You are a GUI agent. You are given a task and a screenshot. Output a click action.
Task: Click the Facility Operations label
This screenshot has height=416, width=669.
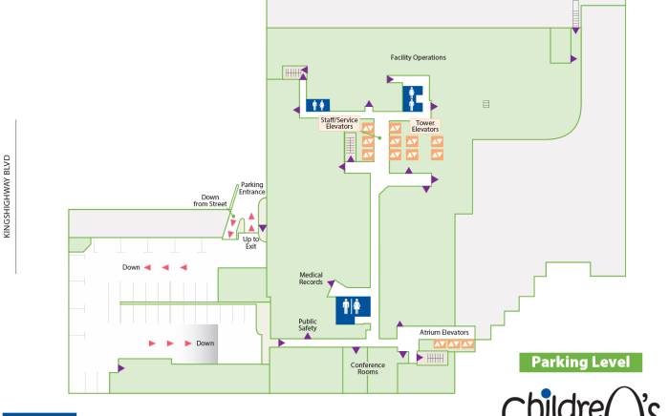coord(418,57)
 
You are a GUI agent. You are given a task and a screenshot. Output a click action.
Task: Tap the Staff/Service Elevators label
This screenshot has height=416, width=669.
coord(338,122)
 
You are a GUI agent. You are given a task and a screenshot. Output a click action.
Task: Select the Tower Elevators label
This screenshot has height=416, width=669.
coord(424,125)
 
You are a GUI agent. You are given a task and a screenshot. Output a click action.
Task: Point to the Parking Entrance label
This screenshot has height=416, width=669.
coord(251,188)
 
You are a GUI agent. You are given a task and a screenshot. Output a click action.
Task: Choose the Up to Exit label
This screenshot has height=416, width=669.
coord(250,242)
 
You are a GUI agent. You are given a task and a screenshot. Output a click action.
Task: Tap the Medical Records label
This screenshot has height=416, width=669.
coord(311,279)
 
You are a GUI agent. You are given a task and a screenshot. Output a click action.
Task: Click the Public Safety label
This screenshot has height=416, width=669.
coord(307,324)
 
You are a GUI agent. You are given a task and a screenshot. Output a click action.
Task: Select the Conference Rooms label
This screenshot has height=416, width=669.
coord(368,367)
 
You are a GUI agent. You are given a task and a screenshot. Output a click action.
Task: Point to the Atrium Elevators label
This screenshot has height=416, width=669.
coord(445,332)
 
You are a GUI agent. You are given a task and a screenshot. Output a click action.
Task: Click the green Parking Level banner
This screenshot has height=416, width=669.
coord(580,363)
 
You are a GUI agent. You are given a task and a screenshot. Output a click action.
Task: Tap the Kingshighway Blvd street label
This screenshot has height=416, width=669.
coord(8,197)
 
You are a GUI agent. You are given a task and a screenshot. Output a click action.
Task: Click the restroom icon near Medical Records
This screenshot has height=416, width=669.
coord(354,307)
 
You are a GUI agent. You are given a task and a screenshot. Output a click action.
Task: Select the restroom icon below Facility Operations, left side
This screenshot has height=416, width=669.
coord(317,105)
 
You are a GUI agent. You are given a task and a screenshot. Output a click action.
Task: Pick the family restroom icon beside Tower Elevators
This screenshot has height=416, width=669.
coord(413,97)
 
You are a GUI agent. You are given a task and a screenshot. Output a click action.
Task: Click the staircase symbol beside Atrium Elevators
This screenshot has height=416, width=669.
coord(435,358)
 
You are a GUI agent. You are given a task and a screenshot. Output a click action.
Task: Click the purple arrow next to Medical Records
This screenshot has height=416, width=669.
coord(331,283)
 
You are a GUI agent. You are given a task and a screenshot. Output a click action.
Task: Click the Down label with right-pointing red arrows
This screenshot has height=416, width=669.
coord(205,343)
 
